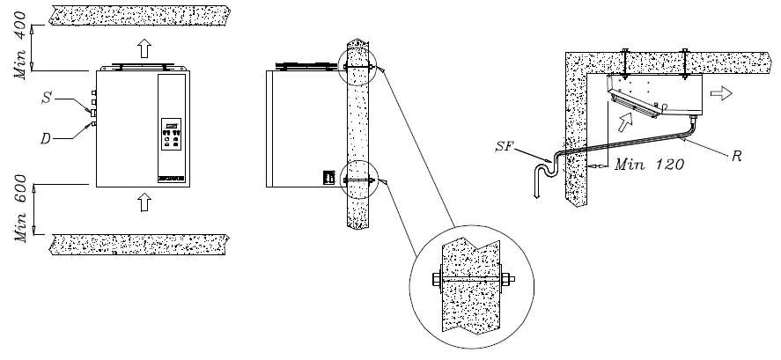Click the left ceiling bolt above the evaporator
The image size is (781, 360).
coord(623,60)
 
